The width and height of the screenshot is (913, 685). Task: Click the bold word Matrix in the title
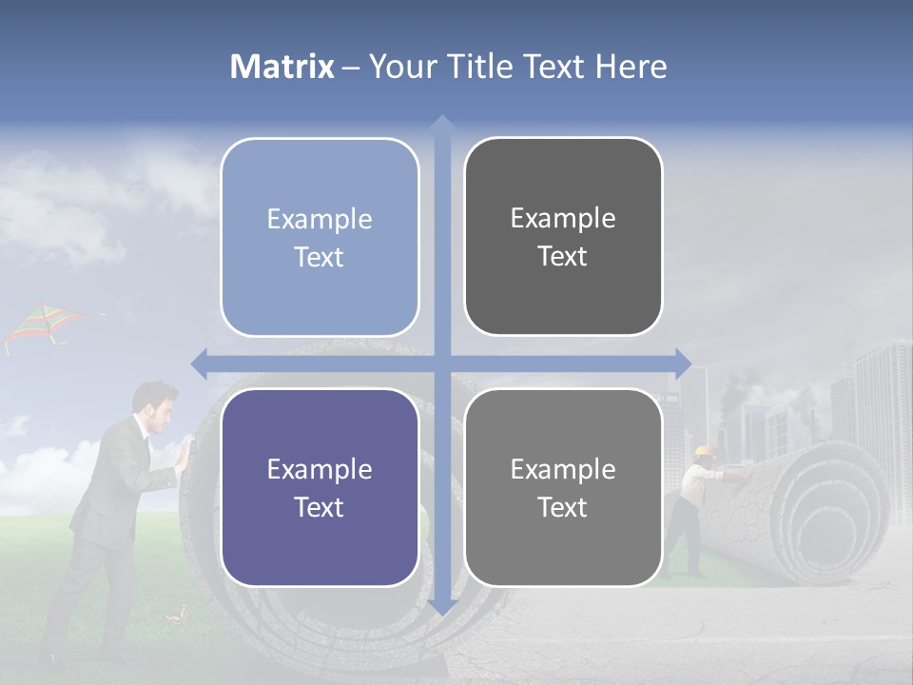click(282, 67)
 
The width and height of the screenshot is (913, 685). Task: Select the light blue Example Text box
click(320, 238)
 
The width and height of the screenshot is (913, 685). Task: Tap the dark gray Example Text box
click(563, 237)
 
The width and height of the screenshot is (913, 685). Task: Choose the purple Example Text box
click(320, 488)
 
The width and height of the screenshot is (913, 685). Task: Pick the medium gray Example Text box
click(563, 487)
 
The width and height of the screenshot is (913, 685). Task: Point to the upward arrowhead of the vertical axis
click(441, 125)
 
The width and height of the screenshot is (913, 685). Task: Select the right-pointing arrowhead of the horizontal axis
click(682, 363)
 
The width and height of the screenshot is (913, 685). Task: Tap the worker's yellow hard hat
click(704, 452)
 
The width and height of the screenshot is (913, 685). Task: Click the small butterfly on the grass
click(174, 618)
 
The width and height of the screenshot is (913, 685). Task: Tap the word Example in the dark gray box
click(563, 219)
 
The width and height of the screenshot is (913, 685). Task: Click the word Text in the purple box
click(320, 507)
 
